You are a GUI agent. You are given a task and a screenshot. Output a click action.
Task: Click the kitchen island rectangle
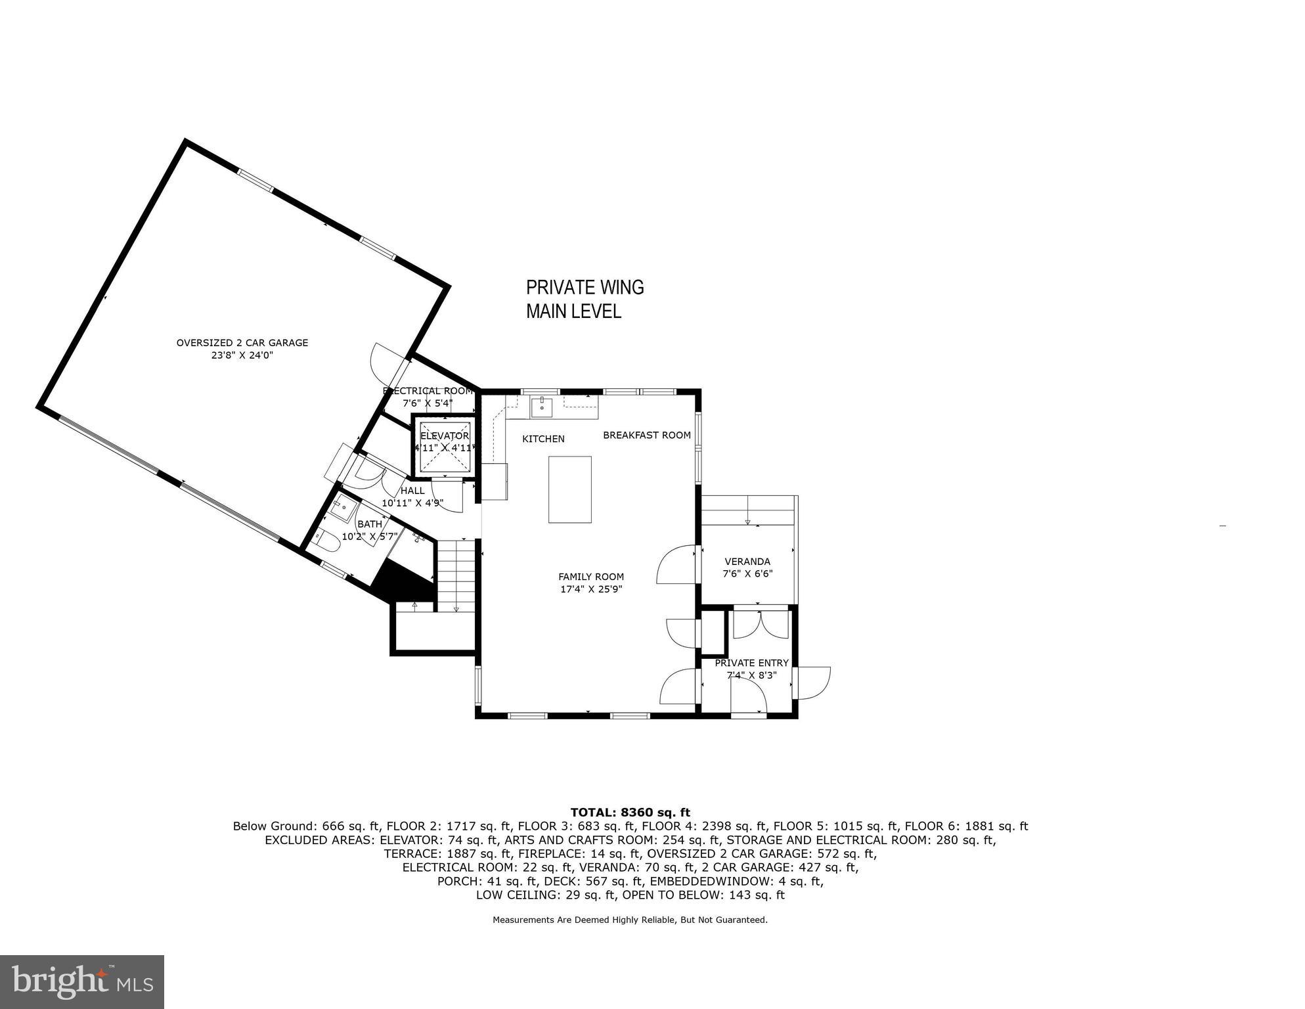pos(569,489)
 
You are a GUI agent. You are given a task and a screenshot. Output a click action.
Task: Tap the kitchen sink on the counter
pos(541,407)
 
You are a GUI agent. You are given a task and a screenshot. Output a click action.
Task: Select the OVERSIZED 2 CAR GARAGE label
pos(242,343)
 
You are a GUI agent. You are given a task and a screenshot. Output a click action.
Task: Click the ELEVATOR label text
pos(445,436)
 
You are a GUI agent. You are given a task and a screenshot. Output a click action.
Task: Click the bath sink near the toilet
pos(343,508)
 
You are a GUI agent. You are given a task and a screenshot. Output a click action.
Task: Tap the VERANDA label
pos(747,562)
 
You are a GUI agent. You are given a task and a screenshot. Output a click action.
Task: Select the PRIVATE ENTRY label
pos(751,663)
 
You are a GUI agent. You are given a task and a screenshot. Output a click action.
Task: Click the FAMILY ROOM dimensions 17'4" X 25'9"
pos(591,589)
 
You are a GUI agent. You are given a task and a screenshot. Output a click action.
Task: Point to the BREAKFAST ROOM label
pos(647,435)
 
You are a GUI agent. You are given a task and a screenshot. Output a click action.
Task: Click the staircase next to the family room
pos(456,575)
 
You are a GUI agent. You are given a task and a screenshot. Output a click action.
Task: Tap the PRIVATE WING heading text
pos(585,288)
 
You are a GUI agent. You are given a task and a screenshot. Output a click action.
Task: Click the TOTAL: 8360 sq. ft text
pos(630,813)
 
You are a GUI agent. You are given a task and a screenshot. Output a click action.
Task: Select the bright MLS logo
pos(82,982)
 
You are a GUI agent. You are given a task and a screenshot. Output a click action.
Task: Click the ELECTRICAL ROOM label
pos(428,391)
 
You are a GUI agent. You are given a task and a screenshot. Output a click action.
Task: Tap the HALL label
pos(412,491)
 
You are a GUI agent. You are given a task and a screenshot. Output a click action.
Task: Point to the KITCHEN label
pos(543,439)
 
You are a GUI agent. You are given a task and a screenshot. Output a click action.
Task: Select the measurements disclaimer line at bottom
pos(630,920)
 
